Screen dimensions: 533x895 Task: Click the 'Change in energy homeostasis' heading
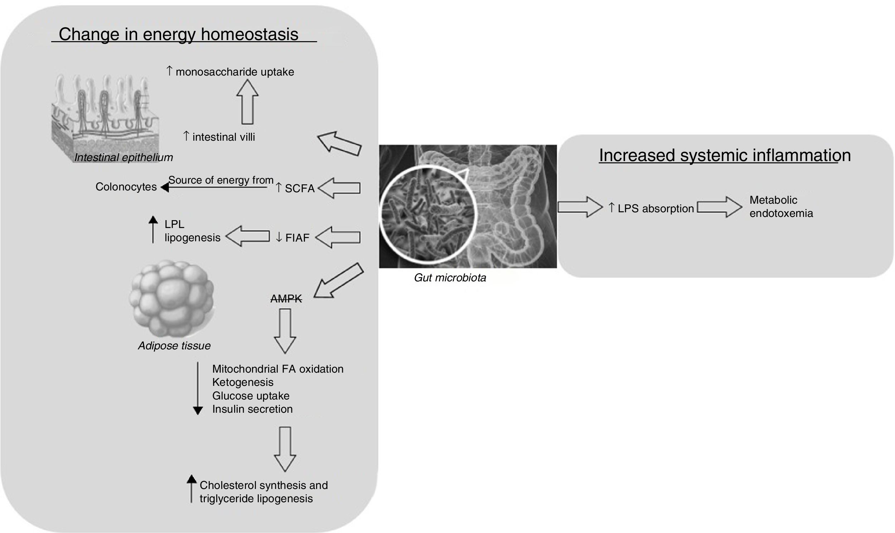[x=179, y=34]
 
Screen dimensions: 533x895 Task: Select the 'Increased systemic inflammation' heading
[x=725, y=155]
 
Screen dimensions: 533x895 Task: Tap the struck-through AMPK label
[x=286, y=299]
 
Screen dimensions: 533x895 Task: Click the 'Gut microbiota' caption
[x=450, y=278]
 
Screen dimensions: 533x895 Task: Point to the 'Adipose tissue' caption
[x=174, y=345]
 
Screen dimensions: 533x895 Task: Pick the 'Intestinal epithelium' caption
[x=124, y=157]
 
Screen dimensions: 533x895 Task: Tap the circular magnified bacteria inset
[x=427, y=214]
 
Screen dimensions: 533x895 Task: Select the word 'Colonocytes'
[x=126, y=187]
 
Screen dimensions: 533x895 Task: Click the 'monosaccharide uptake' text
[x=235, y=72]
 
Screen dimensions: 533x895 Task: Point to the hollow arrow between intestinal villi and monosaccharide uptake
[x=247, y=102]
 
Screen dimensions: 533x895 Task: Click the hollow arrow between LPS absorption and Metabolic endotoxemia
[x=719, y=207]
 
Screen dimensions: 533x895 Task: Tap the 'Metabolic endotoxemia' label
[x=781, y=207]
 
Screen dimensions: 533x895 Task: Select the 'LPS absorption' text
[x=655, y=209]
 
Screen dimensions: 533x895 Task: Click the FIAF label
[x=297, y=238]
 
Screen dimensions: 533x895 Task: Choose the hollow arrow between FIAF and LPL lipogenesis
[x=248, y=236]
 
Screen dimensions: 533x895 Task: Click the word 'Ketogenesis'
[x=243, y=382]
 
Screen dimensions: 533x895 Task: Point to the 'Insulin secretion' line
[x=252, y=409]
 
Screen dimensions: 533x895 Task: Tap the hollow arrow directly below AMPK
[x=285, y=331]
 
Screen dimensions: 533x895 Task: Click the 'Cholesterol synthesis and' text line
[x=263, y=485]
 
